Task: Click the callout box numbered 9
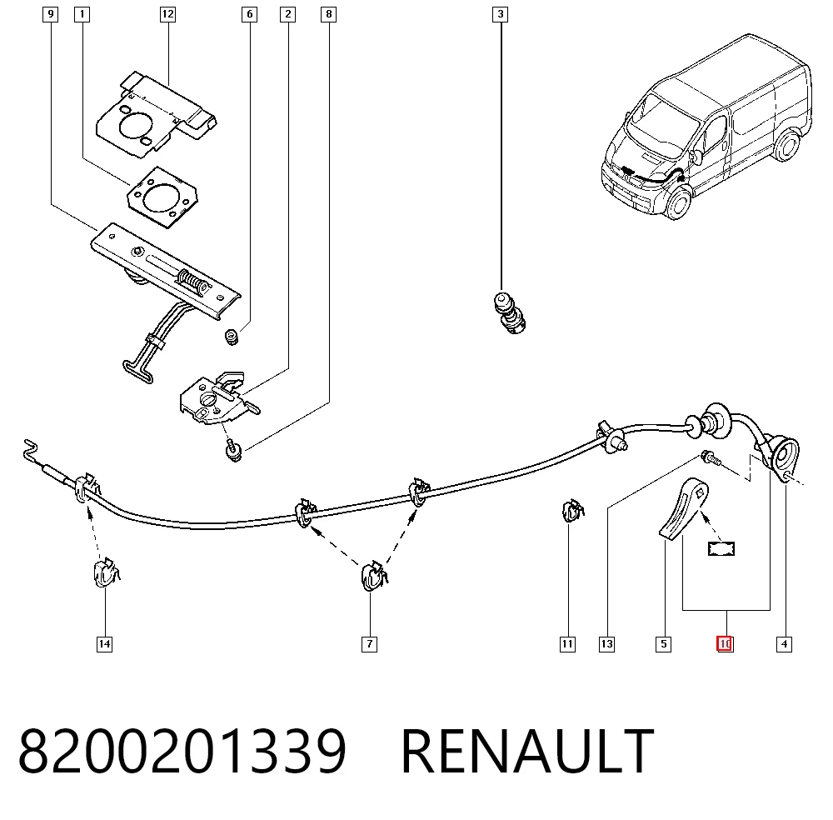pyautogui.click(x=51, y=14)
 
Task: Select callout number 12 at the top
pyautogui.click(x=168, y=14)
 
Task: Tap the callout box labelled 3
pyautogui.click(x=500, y=14)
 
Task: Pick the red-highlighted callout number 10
pyautogui.click(x=725, y=644)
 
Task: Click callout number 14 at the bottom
pyautogui.click(x=105, y=644)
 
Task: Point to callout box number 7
pyautogui.click(x=370, y=644)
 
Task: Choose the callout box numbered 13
pyautogui.click(x=606, y=644)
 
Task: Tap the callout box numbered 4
pyautogui.click(x=784, y=644)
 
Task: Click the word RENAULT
pyautogui.click(x=527, y=751)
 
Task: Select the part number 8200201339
pyautogui.click(x=182, y=751)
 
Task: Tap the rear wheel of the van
pyautogui.click(x=786, y=145)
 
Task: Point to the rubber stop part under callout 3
pyautogui.click(x=510, y=312)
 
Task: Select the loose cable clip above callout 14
pyautogui.click(x=107, y=572)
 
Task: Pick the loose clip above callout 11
pyautogui.click(x=573, y=510)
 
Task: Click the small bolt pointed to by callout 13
pyautogui.click(x=711, y=457)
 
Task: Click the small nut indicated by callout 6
pyautogui.click(x=232, y=337)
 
